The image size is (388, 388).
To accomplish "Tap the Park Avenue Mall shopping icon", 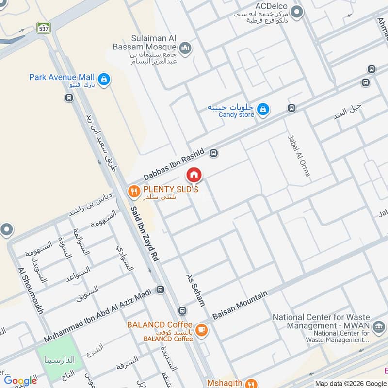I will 103,79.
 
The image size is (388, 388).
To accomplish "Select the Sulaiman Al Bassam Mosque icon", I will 185,48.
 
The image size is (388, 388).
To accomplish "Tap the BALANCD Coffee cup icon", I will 202,331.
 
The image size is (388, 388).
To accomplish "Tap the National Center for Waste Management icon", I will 378,330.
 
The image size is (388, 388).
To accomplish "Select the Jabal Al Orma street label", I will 299,155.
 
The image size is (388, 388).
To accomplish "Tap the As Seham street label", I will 195,290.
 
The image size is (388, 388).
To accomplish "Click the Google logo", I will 20,380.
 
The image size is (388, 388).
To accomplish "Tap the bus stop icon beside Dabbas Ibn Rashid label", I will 213,154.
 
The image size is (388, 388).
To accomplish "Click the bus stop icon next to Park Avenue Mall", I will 69,98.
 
